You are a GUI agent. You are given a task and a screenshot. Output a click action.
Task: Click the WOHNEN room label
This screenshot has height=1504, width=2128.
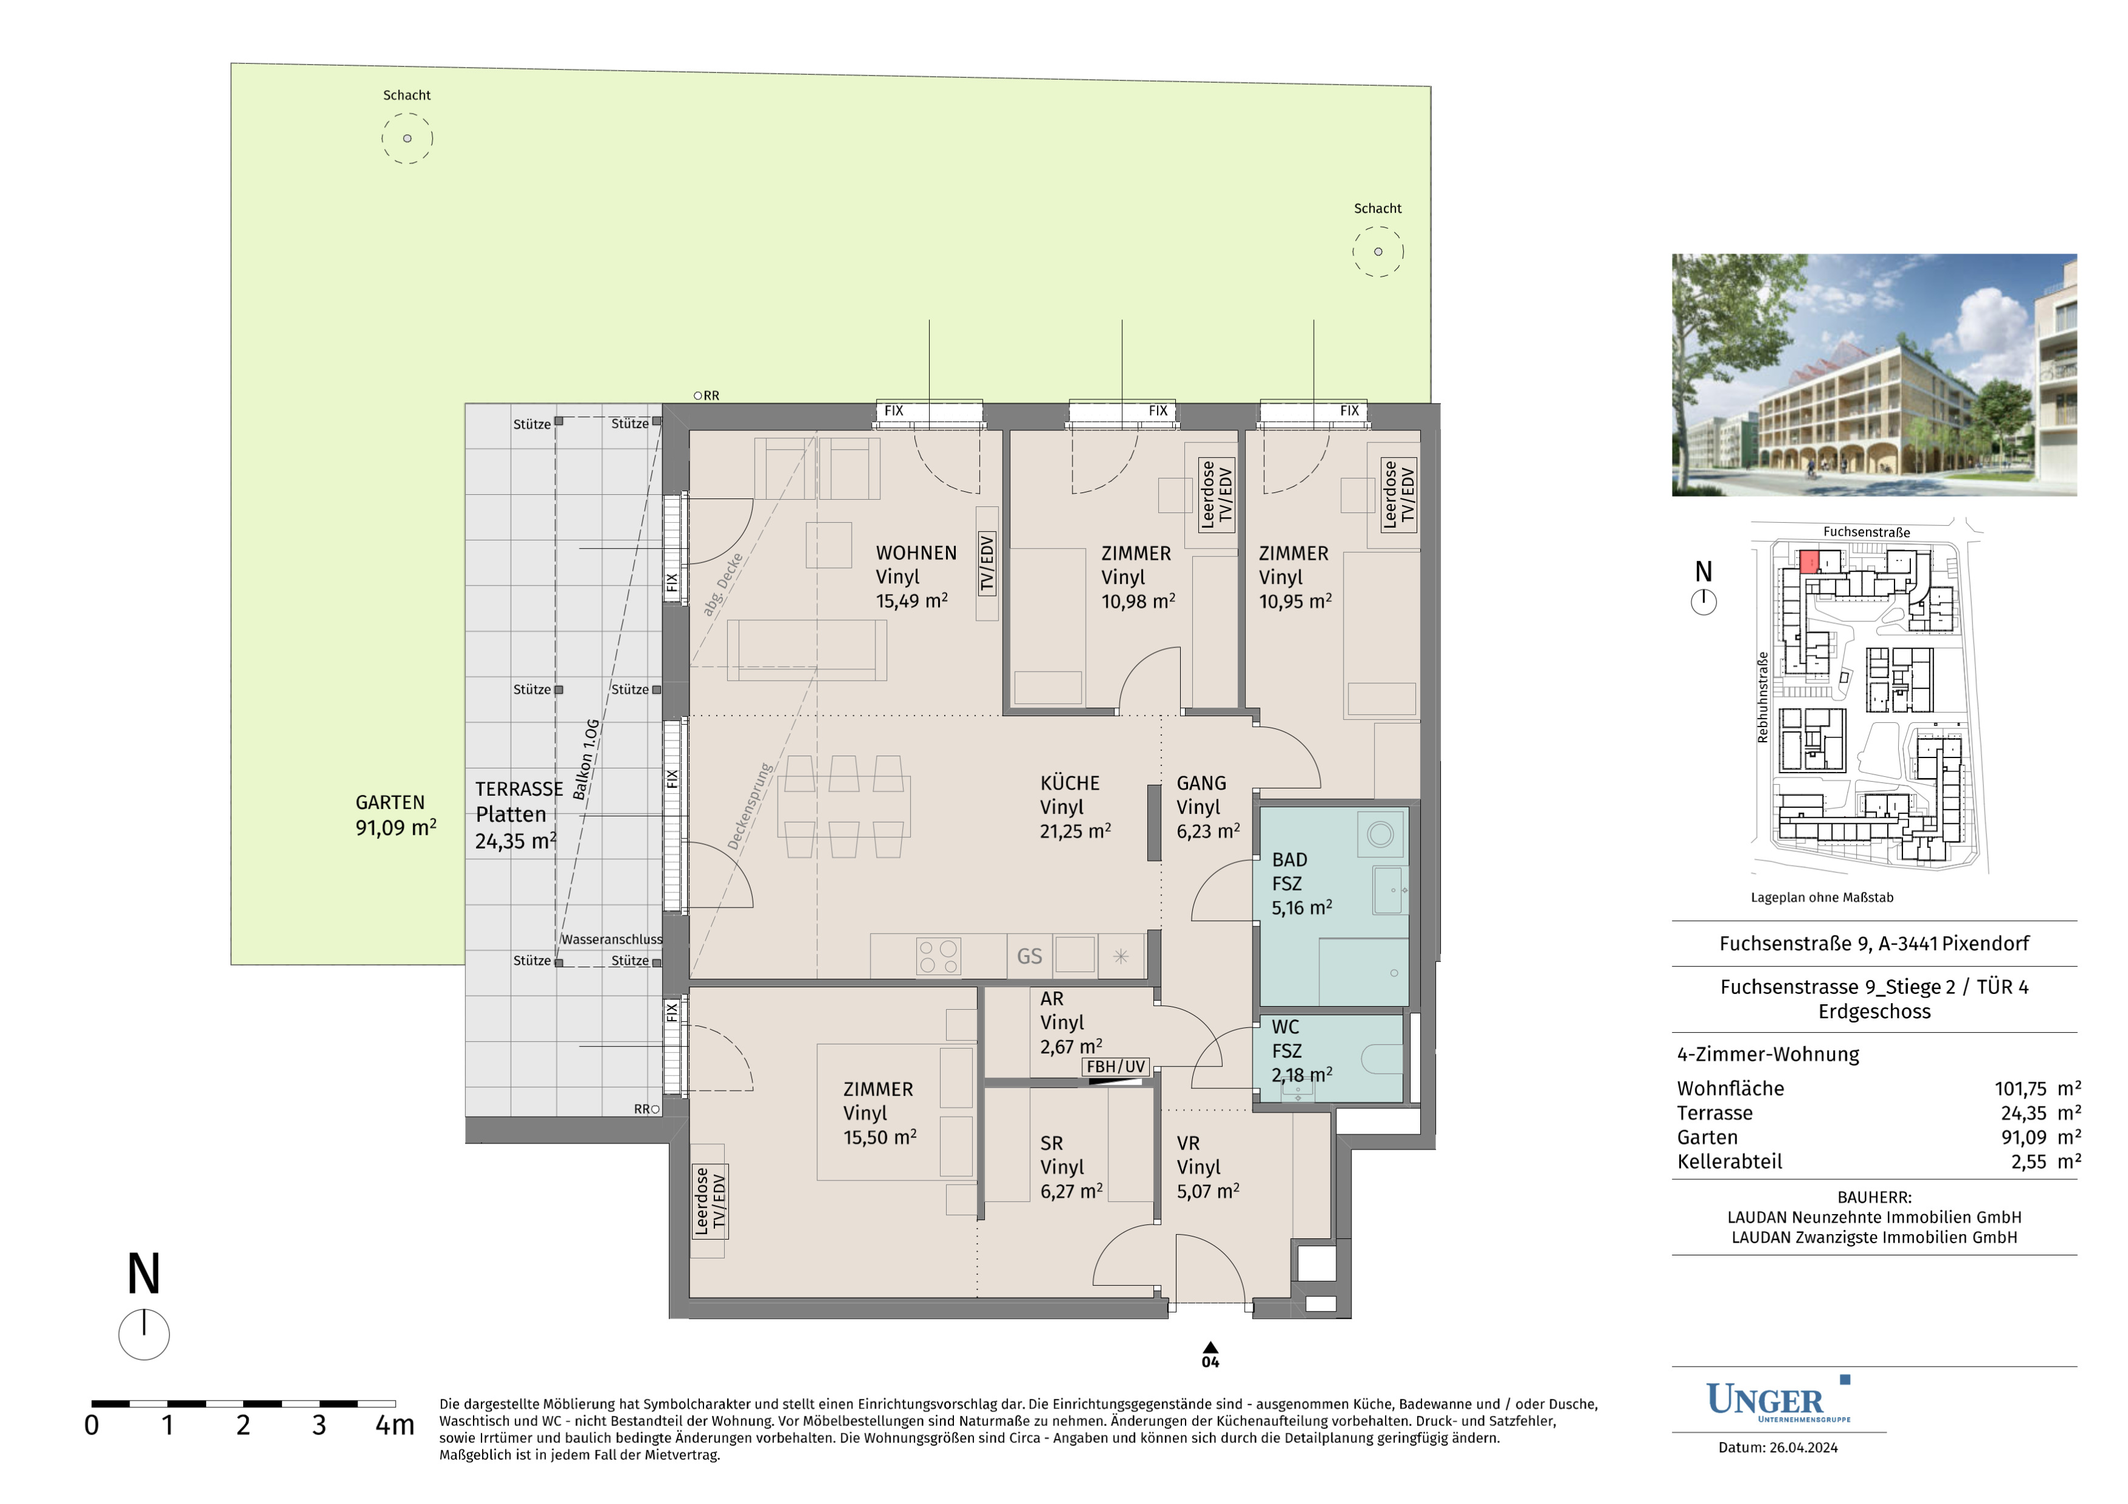tap(916, 553)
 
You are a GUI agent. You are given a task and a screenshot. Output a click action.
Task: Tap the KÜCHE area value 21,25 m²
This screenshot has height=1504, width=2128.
tap(1075, 831)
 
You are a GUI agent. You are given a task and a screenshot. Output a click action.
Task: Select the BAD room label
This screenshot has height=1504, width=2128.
tap(1289, 860)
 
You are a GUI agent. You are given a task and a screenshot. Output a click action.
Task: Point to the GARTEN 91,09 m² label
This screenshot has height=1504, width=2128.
tap(396, 815)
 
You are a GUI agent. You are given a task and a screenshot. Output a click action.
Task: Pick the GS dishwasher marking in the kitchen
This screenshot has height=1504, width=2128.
tap(1030, 956)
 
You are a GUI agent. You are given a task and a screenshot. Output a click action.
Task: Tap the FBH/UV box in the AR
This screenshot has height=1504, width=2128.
tap(1116, 1067)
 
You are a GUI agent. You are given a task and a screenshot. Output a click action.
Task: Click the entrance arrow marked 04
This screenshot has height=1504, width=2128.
tap(1211, 1348)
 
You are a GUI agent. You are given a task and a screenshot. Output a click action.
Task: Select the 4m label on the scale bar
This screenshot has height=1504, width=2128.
tap(395, 1425)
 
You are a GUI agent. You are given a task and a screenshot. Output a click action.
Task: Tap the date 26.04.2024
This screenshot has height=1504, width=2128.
tap(1803, 1447)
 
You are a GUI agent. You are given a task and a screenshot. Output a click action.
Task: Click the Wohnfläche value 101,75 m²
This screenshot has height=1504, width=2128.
tap(2038, 1088)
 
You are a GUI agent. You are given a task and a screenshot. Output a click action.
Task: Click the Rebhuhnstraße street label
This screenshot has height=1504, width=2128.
tap(1763, 697)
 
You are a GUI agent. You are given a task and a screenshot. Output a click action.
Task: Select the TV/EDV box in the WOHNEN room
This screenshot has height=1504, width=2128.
tap(987, 564)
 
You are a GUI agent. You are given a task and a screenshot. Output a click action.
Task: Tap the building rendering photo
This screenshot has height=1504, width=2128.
tap(1874, 375)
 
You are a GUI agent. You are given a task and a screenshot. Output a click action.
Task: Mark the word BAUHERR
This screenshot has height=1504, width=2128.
tap(1873, 1197)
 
